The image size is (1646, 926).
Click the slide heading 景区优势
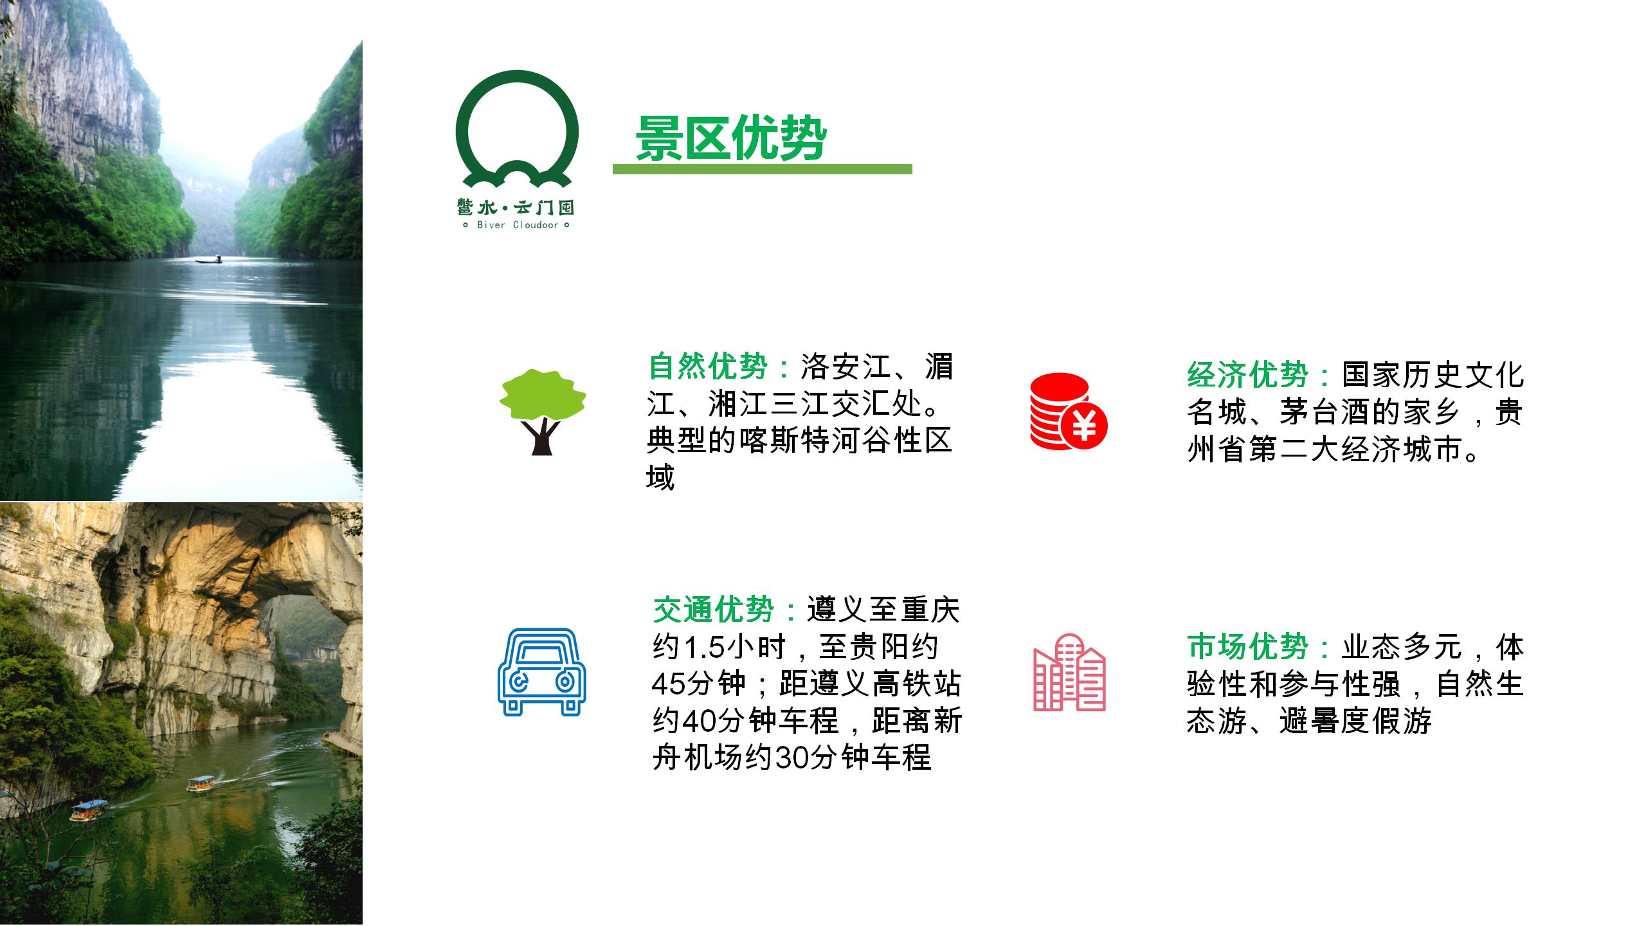coord(730,138)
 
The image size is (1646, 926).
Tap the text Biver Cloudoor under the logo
coord(518,225)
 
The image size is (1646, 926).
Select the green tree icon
coord(543,412)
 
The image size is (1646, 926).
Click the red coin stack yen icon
coord(1069,411)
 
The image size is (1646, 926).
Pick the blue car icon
coord(542,672)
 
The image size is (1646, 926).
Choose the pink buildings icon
coord(1069,673)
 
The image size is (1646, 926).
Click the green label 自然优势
coord(708,367)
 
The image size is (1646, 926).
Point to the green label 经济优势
coord(1247,376)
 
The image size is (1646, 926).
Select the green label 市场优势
coord(1247,647)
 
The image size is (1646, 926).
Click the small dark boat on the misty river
coord(208,260)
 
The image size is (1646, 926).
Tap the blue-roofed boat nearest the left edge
coord(89,810)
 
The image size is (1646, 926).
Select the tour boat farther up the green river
coord(201,784)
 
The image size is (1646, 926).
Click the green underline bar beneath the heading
coord(762,169)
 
